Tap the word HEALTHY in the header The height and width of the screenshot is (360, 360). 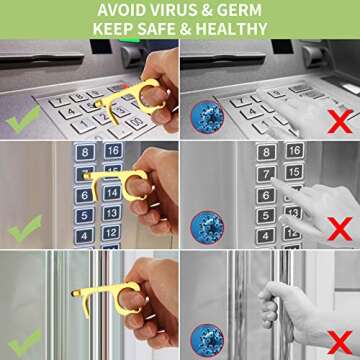231,29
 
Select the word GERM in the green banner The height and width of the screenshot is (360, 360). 239,10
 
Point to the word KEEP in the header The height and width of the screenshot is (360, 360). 113,29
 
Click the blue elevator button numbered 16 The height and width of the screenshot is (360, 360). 113,151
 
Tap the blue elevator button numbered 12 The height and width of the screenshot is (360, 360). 111,232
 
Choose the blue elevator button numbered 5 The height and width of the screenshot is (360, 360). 84,215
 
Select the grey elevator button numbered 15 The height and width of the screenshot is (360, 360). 294,172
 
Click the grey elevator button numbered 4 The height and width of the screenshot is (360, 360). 266,236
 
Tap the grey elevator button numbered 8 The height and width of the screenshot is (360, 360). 266,153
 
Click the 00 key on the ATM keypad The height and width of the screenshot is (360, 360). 136,123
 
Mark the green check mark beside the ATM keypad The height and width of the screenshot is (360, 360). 23,119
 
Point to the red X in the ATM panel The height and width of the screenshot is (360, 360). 340,121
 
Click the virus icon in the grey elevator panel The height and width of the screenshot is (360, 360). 207,227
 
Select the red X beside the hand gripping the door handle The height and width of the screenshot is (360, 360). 340,342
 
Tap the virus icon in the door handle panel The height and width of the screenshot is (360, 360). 207,341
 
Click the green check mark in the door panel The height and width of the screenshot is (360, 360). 25,342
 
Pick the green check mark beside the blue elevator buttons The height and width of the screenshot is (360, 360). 25,228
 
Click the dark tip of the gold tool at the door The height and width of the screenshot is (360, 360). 74,293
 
